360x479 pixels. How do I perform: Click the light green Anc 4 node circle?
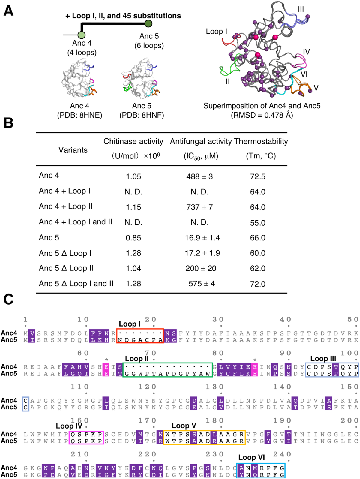click(82, 35)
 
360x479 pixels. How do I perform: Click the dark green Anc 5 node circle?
click(148, 23)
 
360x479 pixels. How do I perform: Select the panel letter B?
click(8, 123)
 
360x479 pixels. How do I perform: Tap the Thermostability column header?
click(261, 141)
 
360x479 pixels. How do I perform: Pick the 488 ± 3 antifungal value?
click(199, 176)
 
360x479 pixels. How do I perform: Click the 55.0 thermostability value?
click(258, 223)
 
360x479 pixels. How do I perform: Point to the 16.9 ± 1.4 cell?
click(202, 238)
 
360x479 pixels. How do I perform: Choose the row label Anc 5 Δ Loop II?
click(66, 268)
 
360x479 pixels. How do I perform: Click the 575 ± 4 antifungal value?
click(202, 284)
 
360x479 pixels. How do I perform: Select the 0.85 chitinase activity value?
click(133, 238)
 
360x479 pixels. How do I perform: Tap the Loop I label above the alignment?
click(130, 324)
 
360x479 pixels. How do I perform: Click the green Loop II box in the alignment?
click(168, 370)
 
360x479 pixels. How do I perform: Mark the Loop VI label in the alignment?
click(251, 457)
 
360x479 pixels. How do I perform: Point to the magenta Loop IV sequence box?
click(86, 437)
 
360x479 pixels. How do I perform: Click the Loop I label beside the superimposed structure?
click(216, 32)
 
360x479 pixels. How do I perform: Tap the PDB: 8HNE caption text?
click(79, 115)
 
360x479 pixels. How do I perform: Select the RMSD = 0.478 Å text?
click(262, 115)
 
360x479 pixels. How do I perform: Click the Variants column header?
click(73, 150)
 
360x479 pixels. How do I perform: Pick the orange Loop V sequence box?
click(204, 437)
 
